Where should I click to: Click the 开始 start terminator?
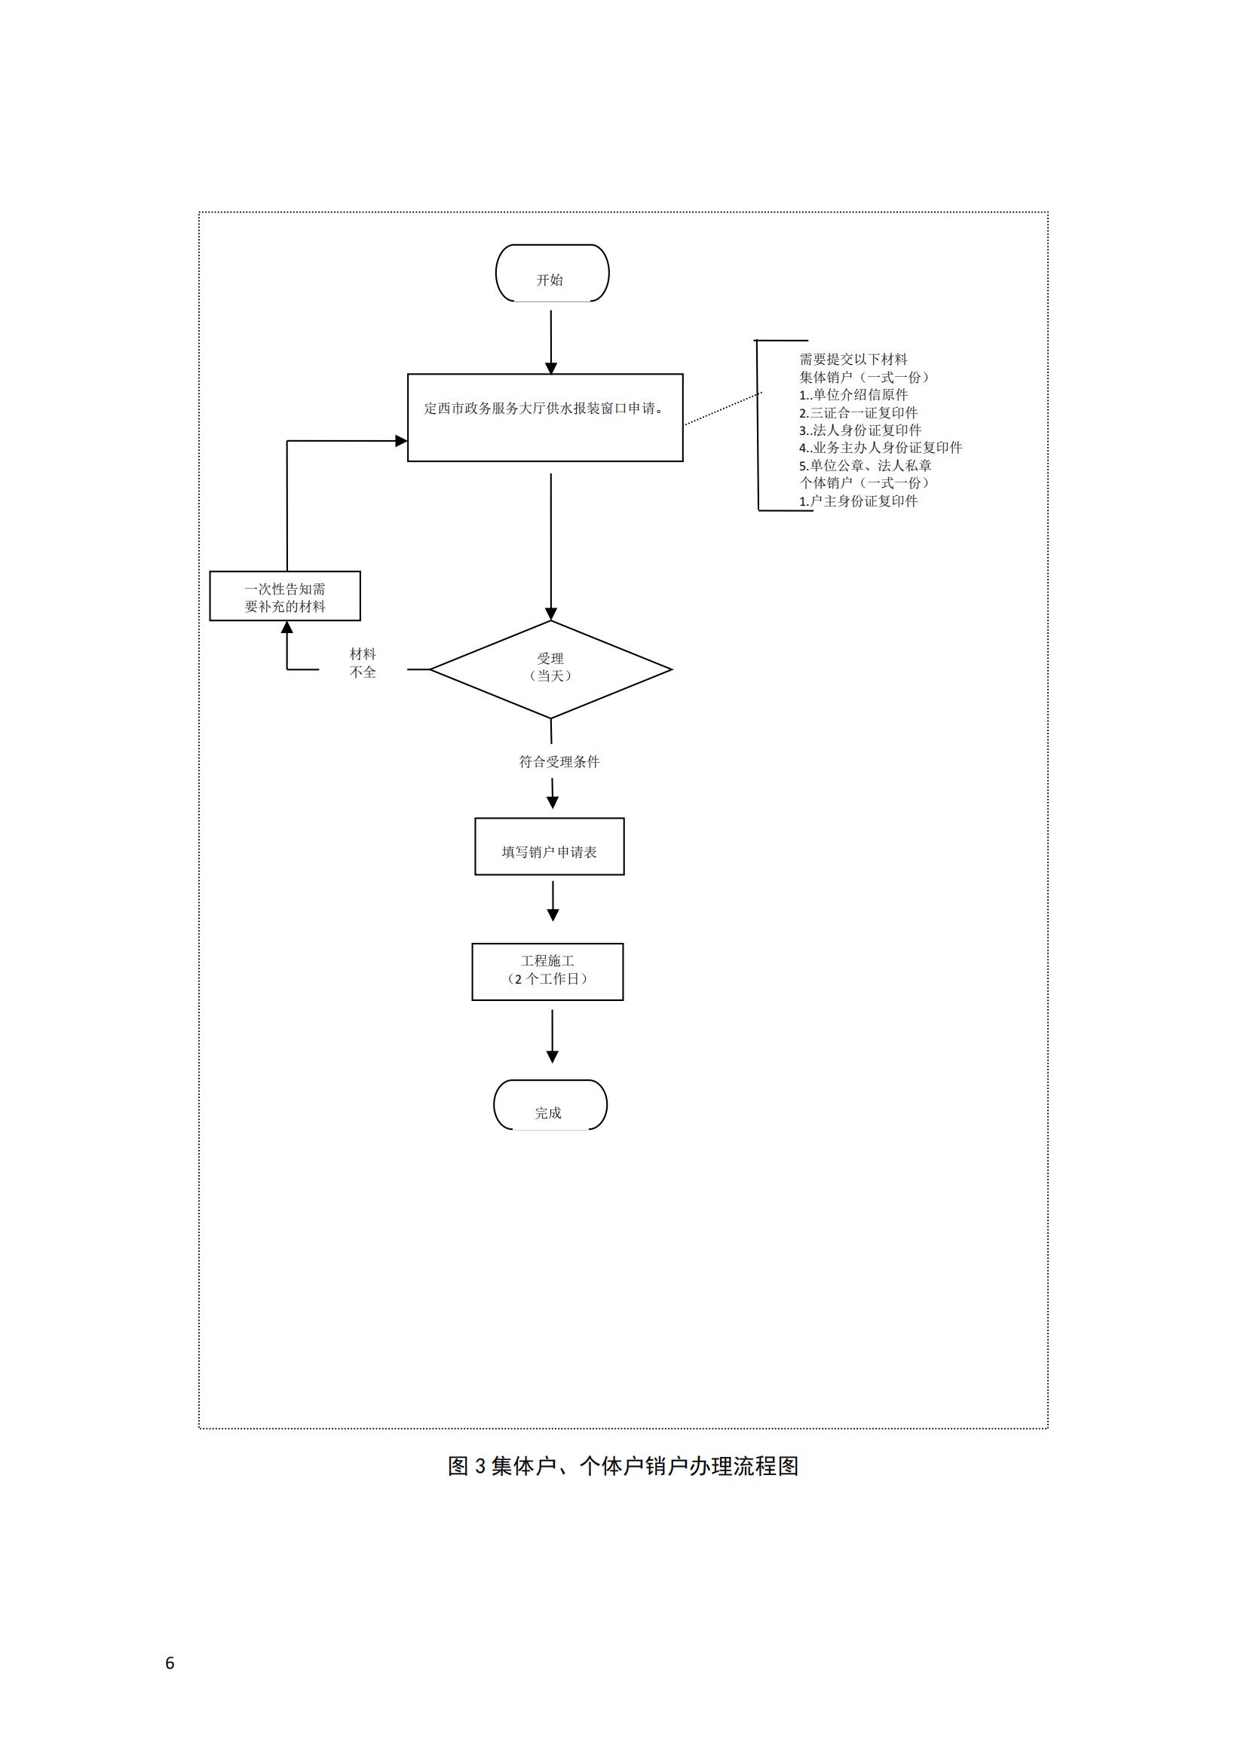click(551, 274)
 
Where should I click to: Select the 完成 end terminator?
click(550, 1105)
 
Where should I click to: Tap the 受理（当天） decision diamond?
click(550, 669)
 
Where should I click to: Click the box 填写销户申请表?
click(549, 846)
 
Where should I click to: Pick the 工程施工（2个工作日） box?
click(547, 972)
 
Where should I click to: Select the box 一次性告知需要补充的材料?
click(285, 596)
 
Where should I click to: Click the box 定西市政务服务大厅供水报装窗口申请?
click(544, 417)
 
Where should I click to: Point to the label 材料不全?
click(363, 663)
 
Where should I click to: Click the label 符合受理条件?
click(559, 762)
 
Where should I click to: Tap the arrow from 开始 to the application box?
click(550, 341)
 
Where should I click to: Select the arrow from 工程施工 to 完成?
click(551, 1035)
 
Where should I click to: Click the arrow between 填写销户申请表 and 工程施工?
click(552, 900)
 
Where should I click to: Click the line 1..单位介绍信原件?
click(853, 395)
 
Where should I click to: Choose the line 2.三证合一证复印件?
click(858, 412)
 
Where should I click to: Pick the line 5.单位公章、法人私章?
click(865, 465)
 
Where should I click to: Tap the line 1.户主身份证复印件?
click(859, 500)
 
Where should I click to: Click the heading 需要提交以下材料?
click(853, 359)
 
